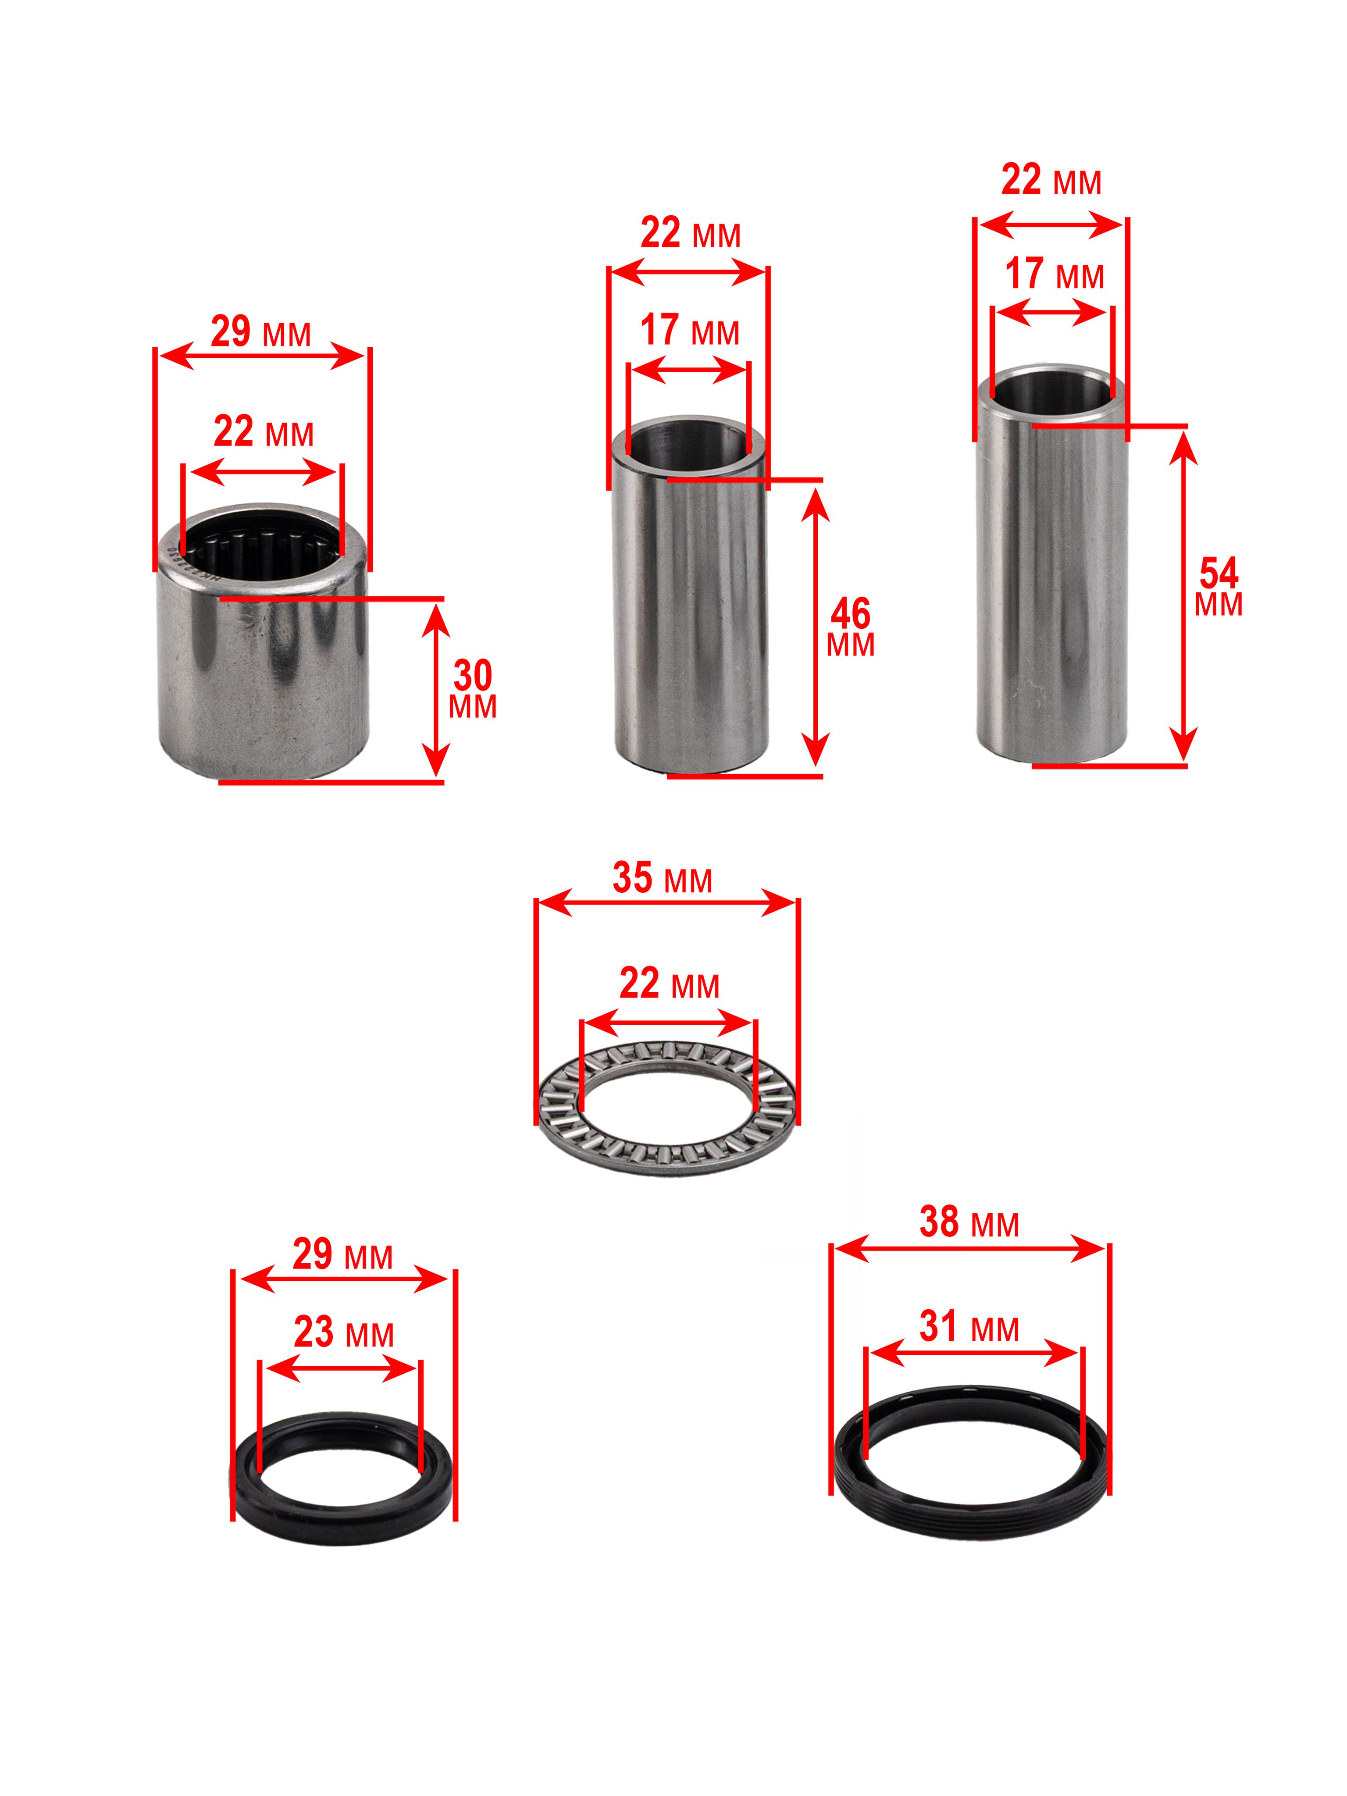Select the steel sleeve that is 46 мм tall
coord(689,597)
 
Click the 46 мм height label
coord(850,627)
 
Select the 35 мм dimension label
coord(662,878)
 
